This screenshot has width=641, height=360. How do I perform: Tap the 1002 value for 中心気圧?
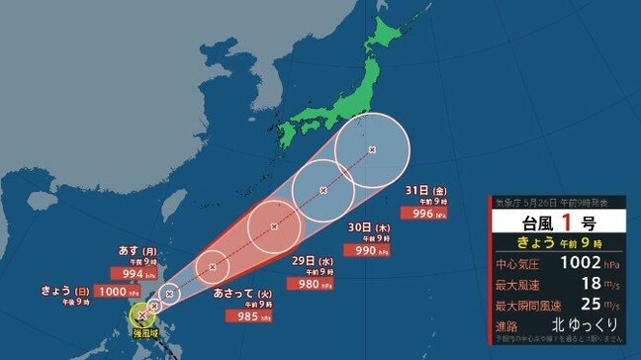click(x=580, y=264)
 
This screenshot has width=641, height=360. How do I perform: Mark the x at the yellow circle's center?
click(x=142, y=316)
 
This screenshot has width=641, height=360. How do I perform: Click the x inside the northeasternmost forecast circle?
click(x=372, y=149)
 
